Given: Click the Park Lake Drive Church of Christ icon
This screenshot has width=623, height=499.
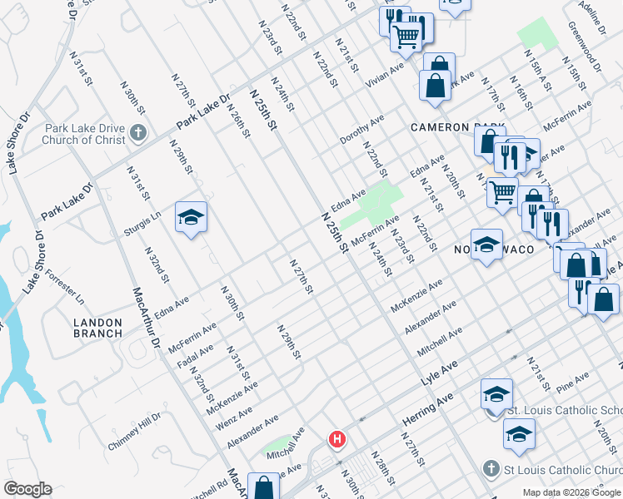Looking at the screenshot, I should tap(138, 131).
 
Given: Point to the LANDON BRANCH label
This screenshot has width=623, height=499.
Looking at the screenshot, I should tap(97, 328).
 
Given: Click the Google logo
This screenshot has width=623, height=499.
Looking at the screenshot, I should tap(27, 489).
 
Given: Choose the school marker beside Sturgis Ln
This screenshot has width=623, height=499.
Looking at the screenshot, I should tap(192, 218).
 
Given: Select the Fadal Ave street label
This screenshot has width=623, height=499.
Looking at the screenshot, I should tap(196, 356).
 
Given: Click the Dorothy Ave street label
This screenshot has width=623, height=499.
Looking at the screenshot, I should tap(361, 129).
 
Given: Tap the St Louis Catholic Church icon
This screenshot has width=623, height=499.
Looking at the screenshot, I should tap(492, 468).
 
